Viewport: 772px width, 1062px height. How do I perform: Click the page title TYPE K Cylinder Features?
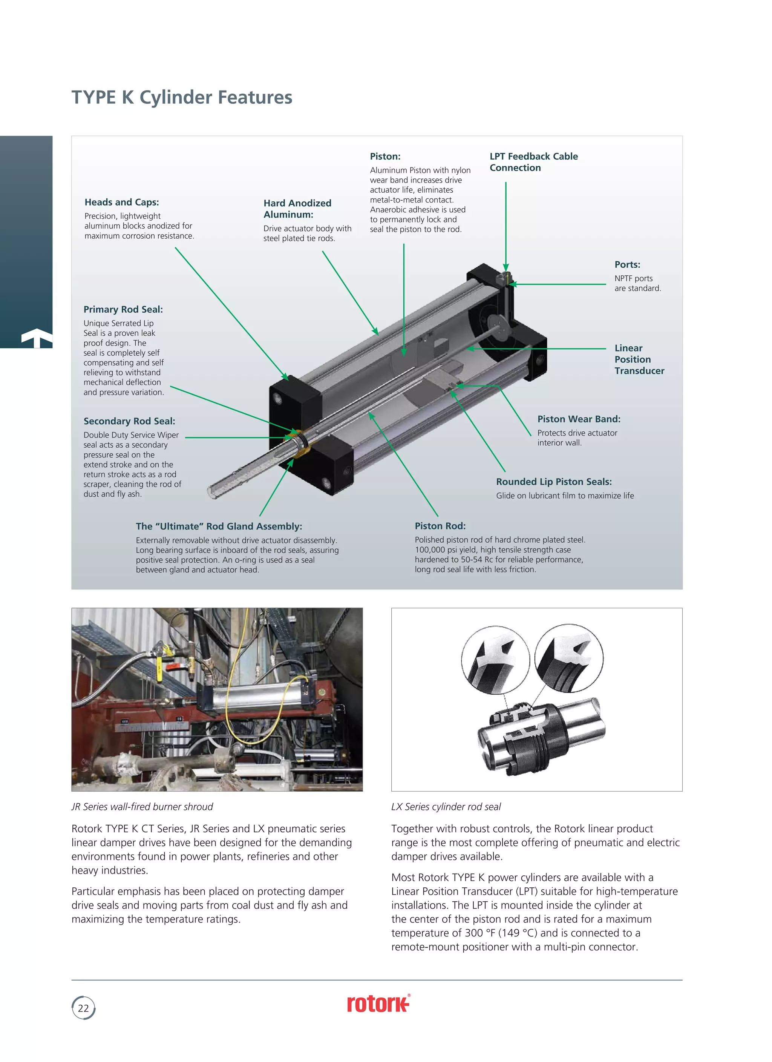pos(182,97)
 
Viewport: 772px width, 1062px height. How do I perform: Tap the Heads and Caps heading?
pos(122,202)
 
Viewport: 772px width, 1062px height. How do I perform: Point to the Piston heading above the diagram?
pos(385,157)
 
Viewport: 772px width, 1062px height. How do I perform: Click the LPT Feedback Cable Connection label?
pos(533,162)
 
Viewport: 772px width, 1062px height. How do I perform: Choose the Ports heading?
pos(627,265)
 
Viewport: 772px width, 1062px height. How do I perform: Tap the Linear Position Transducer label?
pos(639,359)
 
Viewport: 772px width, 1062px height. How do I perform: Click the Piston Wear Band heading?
pos(579,419)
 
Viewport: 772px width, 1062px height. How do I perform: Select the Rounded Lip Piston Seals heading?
pos(554,482)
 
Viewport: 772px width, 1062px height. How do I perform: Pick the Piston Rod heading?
pos(440,526)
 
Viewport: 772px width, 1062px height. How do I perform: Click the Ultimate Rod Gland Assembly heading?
pos(219,526)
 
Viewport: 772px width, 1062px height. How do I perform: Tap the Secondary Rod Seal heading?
pos(129,421)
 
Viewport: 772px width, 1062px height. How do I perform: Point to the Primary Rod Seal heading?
pos(123,310)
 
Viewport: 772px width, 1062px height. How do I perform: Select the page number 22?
pos(83,1008)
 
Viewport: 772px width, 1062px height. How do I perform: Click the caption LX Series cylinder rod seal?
pos(446,807)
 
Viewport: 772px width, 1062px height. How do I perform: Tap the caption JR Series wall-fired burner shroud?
pos(142,807)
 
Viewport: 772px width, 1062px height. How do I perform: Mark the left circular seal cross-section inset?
pos(495,660)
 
